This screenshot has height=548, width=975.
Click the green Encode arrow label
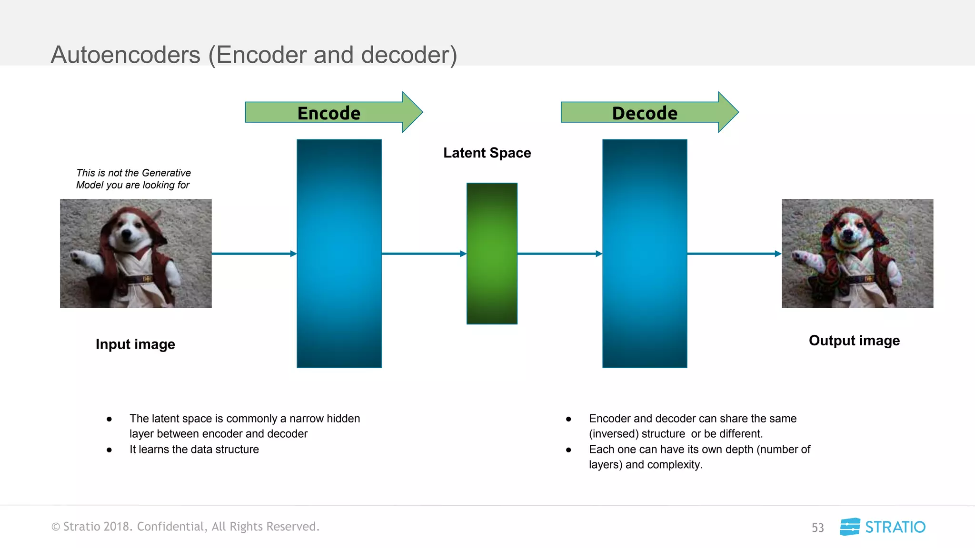[329, 113]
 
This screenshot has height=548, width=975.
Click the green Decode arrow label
[645, 113]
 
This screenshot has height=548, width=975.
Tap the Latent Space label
[487, 153]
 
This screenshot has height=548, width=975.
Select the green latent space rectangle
[492, 254]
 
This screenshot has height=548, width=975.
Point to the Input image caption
[135, 344]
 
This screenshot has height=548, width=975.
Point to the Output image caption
[854, 341]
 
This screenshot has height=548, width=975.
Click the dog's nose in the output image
[848, 234]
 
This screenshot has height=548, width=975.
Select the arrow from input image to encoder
[254, 254]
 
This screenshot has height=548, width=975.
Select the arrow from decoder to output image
[734, 254]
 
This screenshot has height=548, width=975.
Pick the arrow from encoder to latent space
[424, 254]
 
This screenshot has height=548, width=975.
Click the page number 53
[817, 528]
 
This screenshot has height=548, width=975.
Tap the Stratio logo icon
[850, 527]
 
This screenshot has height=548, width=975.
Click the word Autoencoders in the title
[126, 55]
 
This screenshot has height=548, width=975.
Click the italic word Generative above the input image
[166, 173]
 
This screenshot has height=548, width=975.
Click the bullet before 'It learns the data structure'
[109, 450]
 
